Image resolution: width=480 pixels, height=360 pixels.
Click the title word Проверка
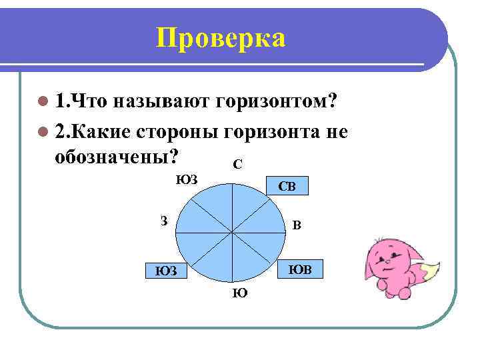point(220,39)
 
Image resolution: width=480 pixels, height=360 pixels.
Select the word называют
point(161,102)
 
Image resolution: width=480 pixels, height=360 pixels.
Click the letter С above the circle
point(237,163)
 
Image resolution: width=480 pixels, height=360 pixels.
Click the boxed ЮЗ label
point(166,271)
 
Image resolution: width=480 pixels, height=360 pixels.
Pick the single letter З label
point(164,221)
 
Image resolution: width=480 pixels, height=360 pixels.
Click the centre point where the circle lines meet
point(231,232)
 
